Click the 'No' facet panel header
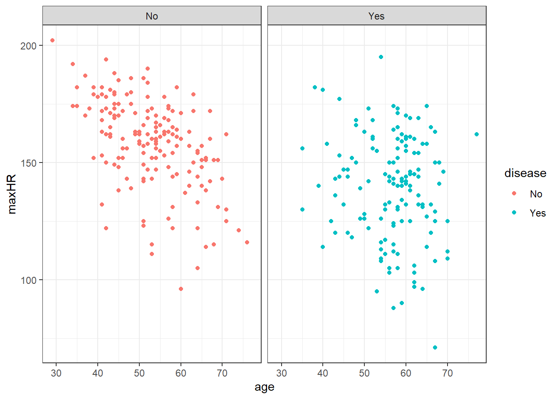pos(152,16)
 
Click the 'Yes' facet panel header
pos(376,16)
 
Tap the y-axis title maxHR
pos(12,194)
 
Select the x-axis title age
pos(265,387)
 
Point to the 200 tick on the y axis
pos(29,46)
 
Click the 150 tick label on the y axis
pos(29,163)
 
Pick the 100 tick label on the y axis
pos(29,280)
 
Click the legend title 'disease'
pos(525,173)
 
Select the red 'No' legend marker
pos(514,194)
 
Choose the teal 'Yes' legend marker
pos(514,213)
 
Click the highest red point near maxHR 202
pos(52,40)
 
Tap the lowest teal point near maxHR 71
pos(435,347)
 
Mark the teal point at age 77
pos(477,134)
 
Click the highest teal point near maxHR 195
pos(381,57)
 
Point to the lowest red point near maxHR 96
pos(181,289)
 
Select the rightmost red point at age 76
pos(247,242)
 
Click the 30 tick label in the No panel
pos(56,373)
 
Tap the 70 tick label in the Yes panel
pos(448,373)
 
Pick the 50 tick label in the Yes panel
pos(364,373)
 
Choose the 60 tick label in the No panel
pos(181,373)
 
